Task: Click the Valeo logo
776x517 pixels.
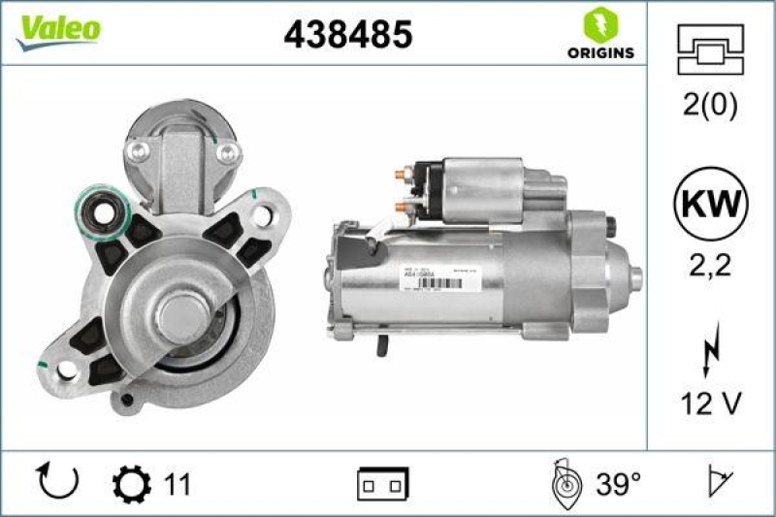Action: [56, 30]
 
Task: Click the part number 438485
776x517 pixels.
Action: [347, 34]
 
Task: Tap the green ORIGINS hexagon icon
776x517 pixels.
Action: [599, 24]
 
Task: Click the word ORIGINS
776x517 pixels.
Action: [600, 52]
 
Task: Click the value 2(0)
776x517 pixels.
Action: [710, 105]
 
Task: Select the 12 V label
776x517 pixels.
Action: [710, 404]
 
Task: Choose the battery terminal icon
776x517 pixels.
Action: [382, 483]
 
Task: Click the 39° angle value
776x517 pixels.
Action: [617, 482]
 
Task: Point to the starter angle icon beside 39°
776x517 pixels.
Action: [564, 483]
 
